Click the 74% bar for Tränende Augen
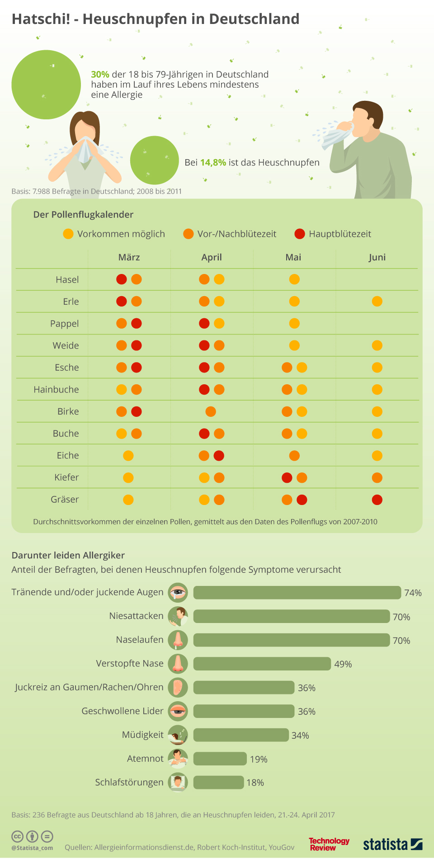pyautogui.click(x=297, y=592)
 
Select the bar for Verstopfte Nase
pyautogui.click(x=262, y=664)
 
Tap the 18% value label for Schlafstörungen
pyautogui.click(x=255, y=783)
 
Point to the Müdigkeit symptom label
pyautogui.click(x=143, y=735)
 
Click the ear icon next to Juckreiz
pyautogui.click(x=178, y=687)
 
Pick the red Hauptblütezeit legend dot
pyautogui.click(x=300, y=234)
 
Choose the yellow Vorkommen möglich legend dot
pyautogui.click(x=68, y=234)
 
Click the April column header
pyautogui.click(x=212, y=257)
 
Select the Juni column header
pyautogui.click(x=377, y=257)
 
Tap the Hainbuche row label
pyautogui.click(x=56, y=390)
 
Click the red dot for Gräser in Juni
pyautogui.click(x=377, y=500)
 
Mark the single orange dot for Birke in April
pyautogui.click(x=211, y=411)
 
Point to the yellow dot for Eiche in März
pyautogui.click(x=128, y=456)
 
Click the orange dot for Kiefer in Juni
pyautogui.click(x=377, y=478)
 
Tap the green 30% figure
pyautogui.click(x=100, y=75)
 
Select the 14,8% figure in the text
pyautogui.click(x=213, y=162)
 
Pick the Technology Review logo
pyautogui.click(x=329, y=844)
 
